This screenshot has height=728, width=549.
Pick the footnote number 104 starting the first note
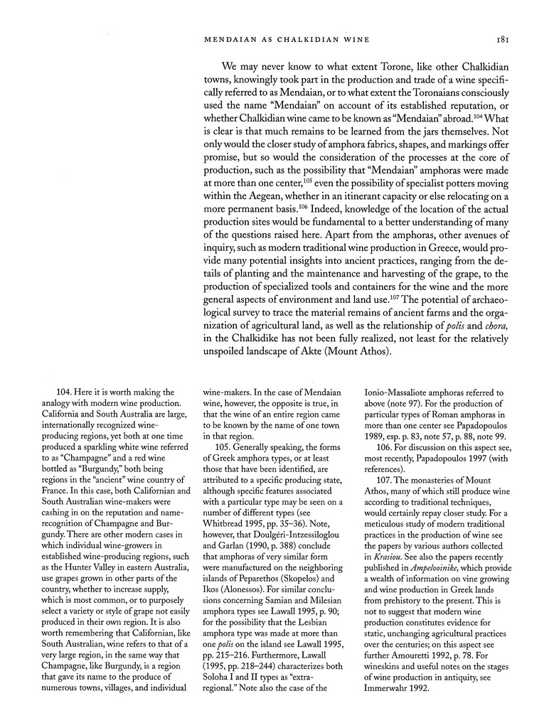(x=65, y=392)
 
